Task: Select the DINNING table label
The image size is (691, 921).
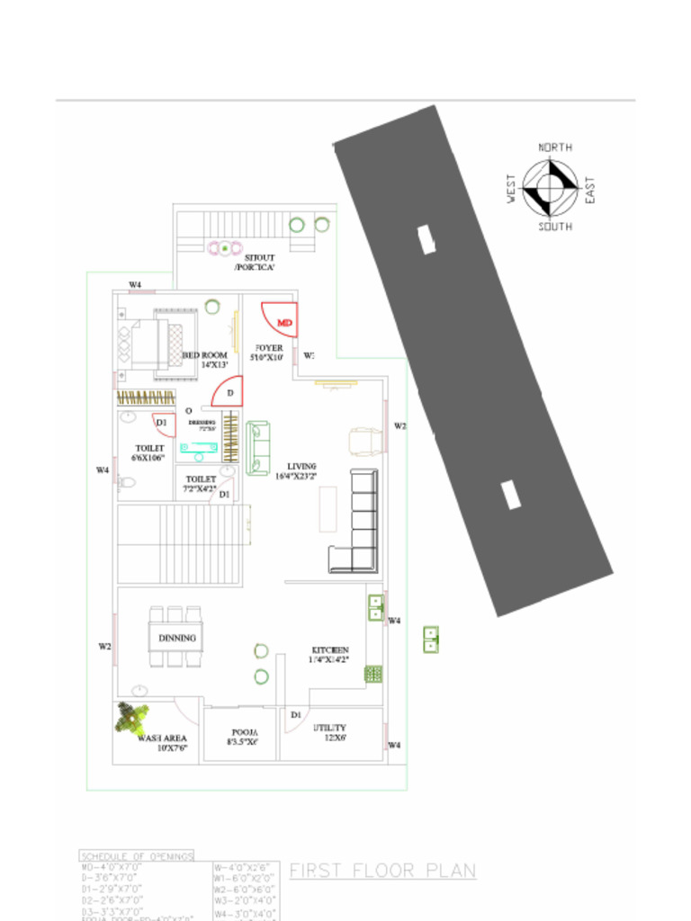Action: pyautogui.click(x=176, y=638)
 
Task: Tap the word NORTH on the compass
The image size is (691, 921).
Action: pyautogui.click(x=555, y=147)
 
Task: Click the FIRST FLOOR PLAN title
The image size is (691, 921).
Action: pyautogui.click(x=382, y=871)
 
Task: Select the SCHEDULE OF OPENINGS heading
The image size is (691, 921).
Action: pyautogui.click(x=137, y=856)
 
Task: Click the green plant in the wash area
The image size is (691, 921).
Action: pyautogui.click(x=131, y=717)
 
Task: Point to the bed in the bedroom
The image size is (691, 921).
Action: pyautogui.click(x=157, y=344)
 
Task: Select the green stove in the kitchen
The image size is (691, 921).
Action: pyautogui.click(x=373, y=673)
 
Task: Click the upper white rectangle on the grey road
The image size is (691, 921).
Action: pyautogui.click(x=426, y=239)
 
